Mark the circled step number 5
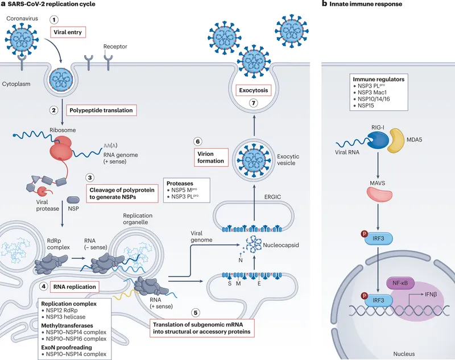[x=195, y=312]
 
